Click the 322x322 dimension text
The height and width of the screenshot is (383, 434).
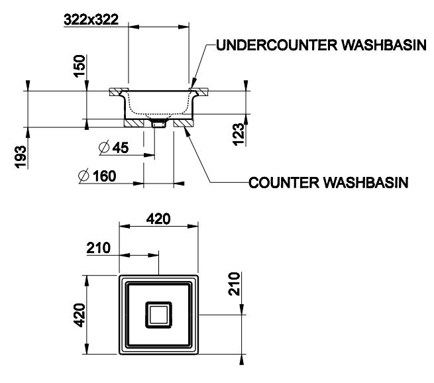pos(91,19)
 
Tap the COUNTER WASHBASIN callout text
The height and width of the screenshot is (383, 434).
pos(328,182)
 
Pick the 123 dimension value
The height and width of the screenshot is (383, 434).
pos(239,132)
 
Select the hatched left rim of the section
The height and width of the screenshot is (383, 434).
pos(117,89)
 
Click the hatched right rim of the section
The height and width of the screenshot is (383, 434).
pos(199,89)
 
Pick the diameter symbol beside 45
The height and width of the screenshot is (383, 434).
pos(105,148)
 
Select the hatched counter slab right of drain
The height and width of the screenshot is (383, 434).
pos(181,122)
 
